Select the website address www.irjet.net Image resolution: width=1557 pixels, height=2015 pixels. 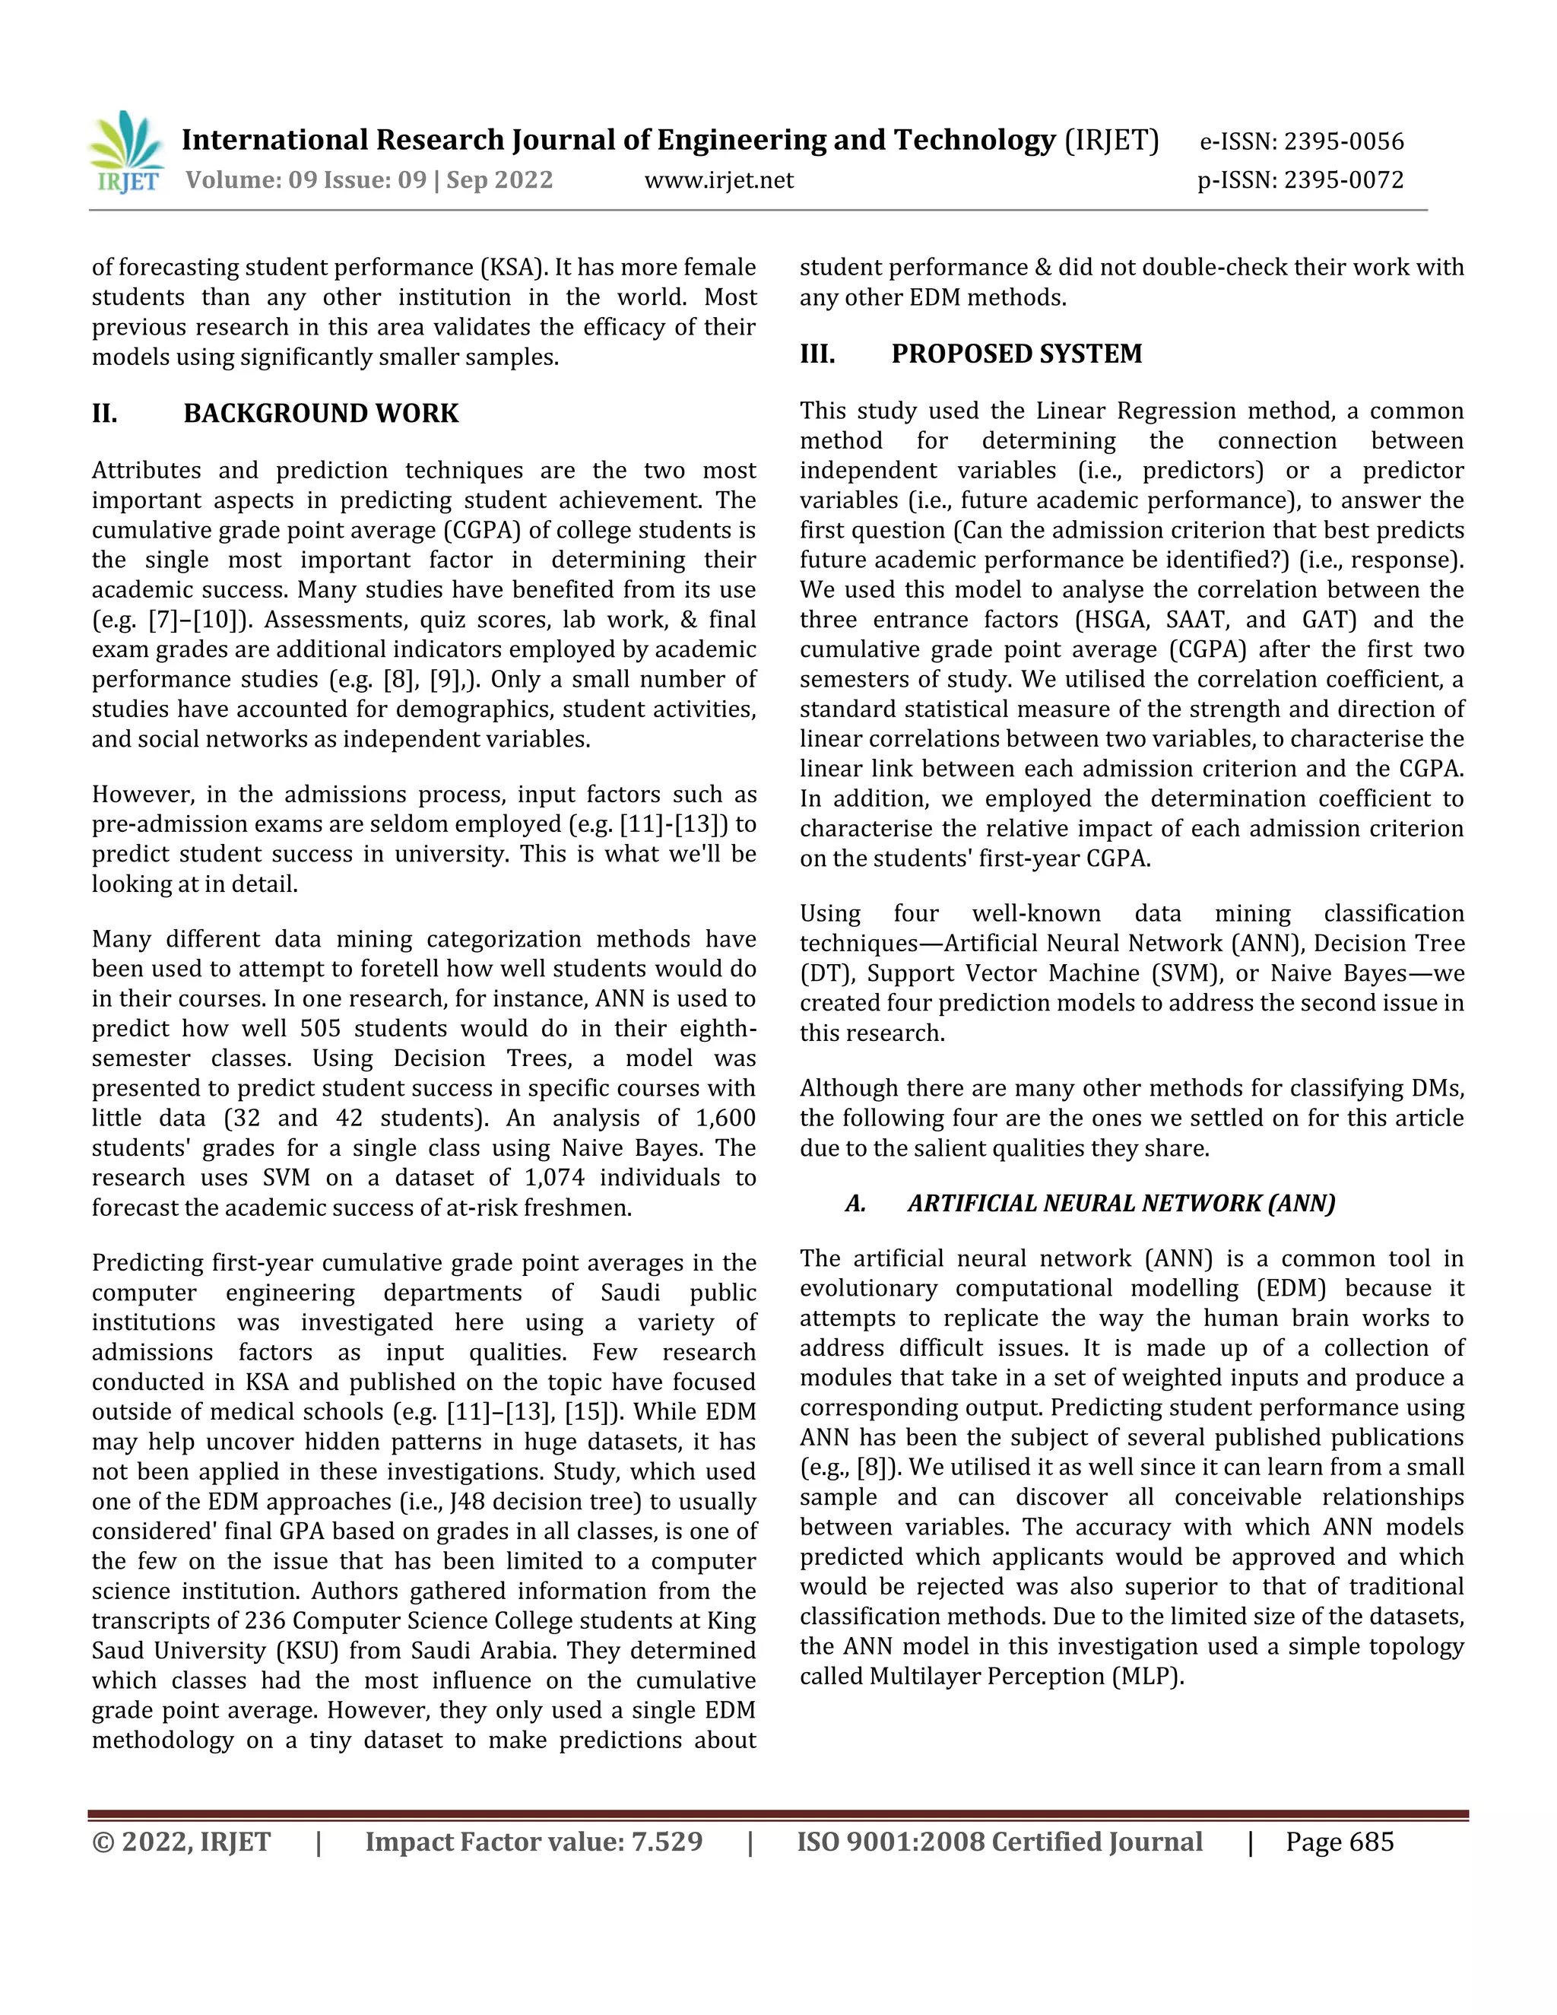pos(718,180)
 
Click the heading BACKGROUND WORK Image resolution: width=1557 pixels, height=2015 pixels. pos(320,414)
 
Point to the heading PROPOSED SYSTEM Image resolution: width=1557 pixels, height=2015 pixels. pos(1016,354)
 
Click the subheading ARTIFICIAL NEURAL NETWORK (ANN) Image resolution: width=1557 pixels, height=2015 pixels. pos(1121,1203)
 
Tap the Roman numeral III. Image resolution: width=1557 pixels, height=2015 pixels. pos(817,354)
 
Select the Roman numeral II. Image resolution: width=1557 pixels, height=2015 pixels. pos(104,414)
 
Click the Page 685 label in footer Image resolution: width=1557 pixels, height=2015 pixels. pos(1340,1842)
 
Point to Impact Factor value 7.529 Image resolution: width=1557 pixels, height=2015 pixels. pos(533,1842)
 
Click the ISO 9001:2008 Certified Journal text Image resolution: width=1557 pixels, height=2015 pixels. pos(999,1842)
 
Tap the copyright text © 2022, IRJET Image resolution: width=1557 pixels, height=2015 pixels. pos(181,1842)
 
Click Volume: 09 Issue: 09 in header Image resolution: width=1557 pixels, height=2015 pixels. pos(306,180)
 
